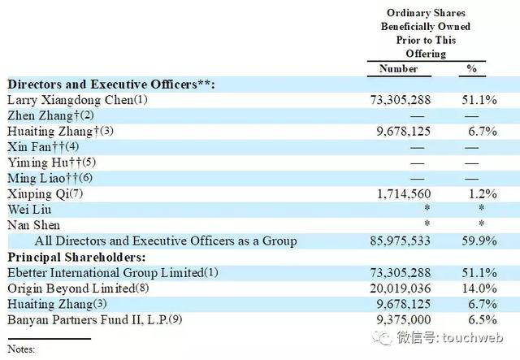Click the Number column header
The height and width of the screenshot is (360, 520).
(x=398, y=69)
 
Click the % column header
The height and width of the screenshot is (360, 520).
(x=471, y=69)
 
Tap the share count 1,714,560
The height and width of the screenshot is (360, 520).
(x=404, y=194)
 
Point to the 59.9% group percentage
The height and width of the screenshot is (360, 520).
(x=479, y=241)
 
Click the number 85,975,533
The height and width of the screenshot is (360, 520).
(x=401, y=241)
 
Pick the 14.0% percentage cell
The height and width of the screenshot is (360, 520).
(x=479, y=288)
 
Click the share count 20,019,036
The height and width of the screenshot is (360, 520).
(x=401, y=288)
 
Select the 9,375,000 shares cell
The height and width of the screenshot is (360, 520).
(x=404, y=320)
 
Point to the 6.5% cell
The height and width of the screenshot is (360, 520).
(x=483, y=320)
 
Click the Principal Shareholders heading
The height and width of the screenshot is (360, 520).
(x=76, y=258)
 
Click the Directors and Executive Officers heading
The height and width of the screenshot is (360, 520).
(x=111, y=85)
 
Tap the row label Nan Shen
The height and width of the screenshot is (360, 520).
(x=33, y=225)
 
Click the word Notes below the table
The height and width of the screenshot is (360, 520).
(x=21, y=349)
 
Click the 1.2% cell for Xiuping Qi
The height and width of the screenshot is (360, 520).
(x=483, y=194)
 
